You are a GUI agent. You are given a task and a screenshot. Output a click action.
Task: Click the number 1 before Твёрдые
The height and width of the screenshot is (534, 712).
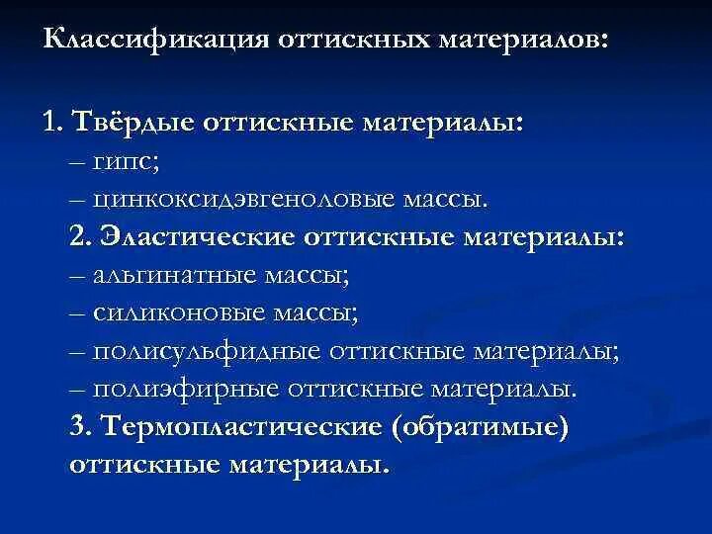click(x=50, y=124)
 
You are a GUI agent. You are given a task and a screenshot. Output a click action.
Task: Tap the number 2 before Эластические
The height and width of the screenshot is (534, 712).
click(x=80, y=237)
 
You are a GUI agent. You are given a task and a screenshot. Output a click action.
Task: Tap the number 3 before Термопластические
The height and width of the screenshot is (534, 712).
click(x=80, y=428)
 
